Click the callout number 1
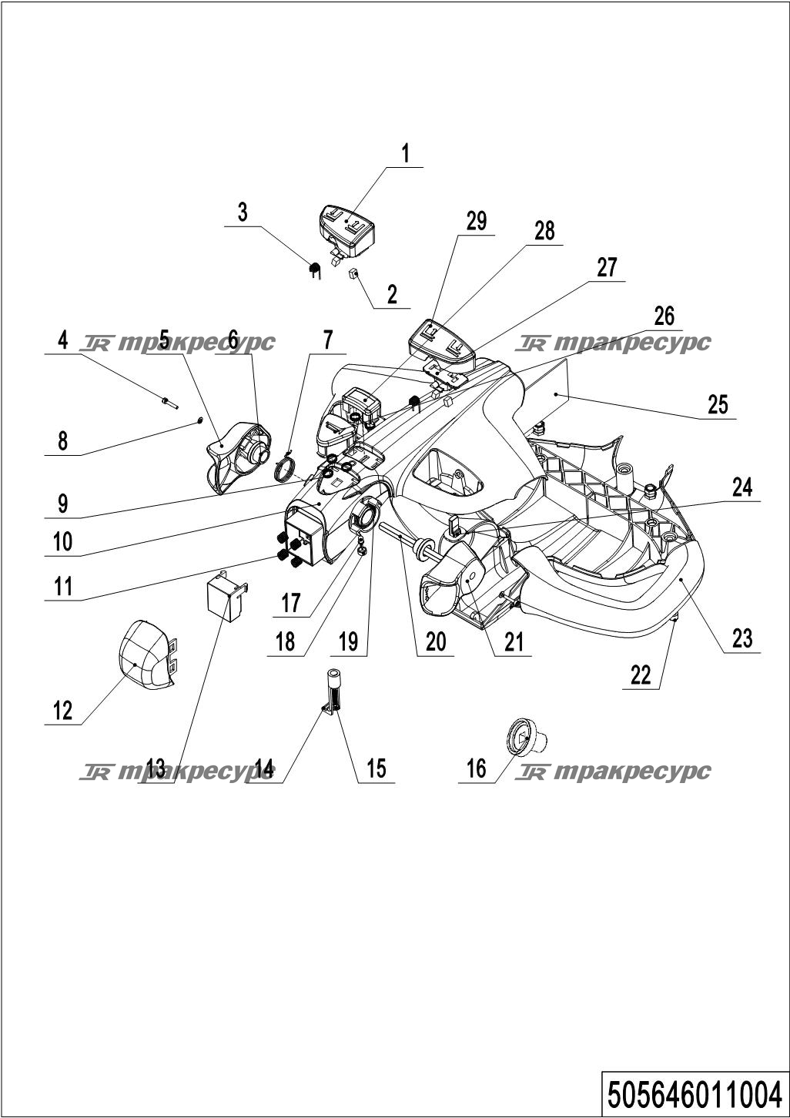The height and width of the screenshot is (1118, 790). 405,153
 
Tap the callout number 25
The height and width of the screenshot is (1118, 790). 717,404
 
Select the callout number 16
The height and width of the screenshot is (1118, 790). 477,768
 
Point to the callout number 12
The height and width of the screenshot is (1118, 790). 62,710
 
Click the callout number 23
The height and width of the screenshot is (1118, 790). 741,638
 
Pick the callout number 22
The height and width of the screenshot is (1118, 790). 641,675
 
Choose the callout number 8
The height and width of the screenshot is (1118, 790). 62,441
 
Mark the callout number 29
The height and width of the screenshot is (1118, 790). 477,221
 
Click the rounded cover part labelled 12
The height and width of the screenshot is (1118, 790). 145,654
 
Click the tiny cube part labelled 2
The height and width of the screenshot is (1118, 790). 354,273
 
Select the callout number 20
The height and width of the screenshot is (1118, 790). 436,641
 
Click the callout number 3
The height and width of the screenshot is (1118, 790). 243,212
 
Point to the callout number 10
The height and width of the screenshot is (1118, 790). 62,541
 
